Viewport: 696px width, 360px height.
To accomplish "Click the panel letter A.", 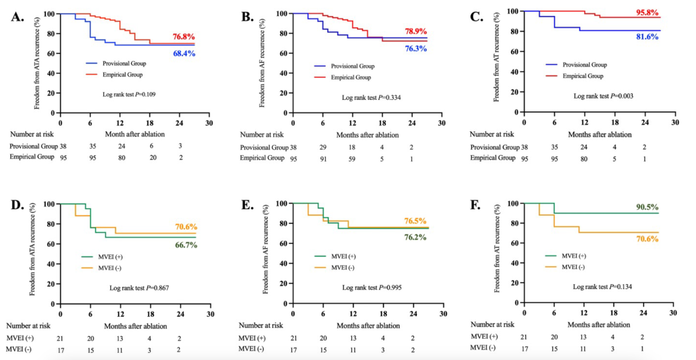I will pyautogui.click(x=19, y=17).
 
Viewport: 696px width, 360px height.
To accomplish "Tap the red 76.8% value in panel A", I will pyautogui.click(x=184, y=37).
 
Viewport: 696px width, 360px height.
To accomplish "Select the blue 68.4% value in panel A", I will pyautogui.click(x=184, y=53).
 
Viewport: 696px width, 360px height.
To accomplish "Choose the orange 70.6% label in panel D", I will pyautogui.click(x=186, y=227).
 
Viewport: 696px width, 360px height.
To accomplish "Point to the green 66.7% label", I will pyautogui.click(x=186, y=245).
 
